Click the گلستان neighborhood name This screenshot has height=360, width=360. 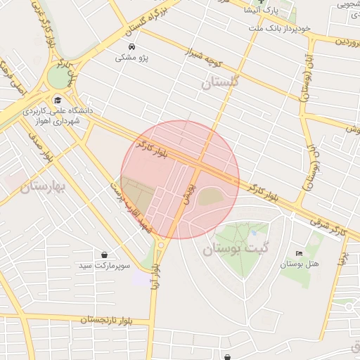point(221,82)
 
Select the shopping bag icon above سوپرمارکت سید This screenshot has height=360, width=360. point(105,255)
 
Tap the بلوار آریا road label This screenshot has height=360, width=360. point(155,274)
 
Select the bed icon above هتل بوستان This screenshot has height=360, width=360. point(300,253)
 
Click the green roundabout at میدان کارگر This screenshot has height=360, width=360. point(57,77)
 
